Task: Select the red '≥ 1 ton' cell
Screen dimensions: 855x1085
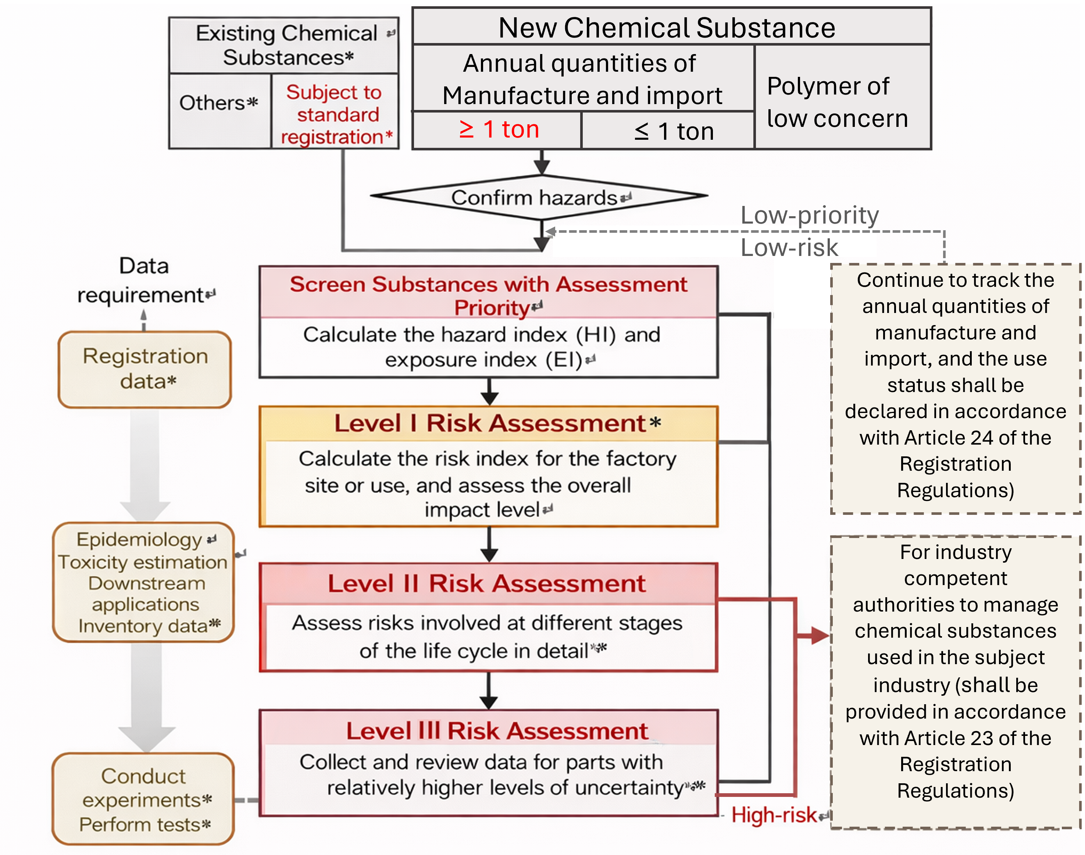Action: [499, 130]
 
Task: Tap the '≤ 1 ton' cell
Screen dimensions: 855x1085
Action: [673, 131]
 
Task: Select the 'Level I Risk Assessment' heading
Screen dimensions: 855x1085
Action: [490, 424]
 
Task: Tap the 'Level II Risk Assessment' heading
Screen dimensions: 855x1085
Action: [486, 584]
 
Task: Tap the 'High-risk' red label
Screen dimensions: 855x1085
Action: [773, 815]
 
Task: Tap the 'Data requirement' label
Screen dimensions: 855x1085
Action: [144, 280]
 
